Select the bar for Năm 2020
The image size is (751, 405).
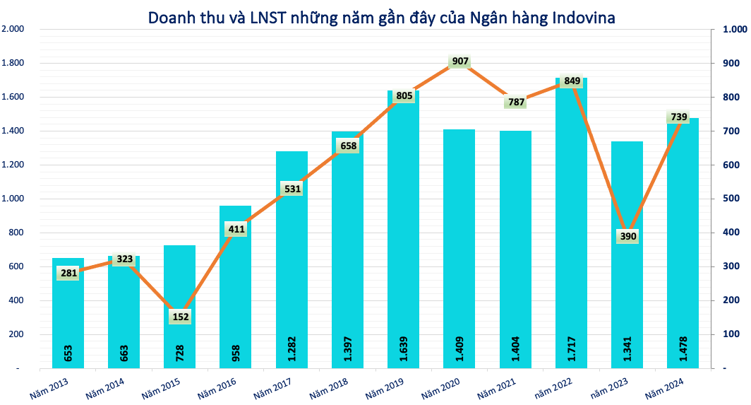click(459, 247)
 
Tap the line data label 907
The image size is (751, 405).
click(460, 61)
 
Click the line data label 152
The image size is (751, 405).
click(180, 317)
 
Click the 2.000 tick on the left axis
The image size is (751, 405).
click(13, 29)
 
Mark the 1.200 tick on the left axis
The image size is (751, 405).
click(13, 165)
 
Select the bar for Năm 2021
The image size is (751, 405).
click(515, 247)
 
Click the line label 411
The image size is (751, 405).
click(236, 229)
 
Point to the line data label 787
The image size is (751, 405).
click(516, 102)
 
